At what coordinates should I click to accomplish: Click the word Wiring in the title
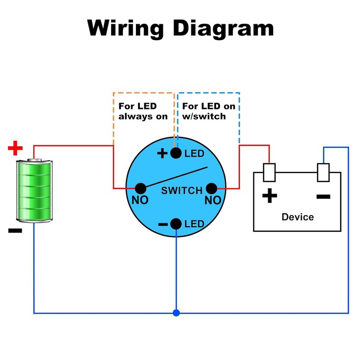[126, 28]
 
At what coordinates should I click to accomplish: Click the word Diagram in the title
[223, 28]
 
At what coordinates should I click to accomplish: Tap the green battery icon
[35, 190]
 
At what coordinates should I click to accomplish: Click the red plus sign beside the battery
[15, 148]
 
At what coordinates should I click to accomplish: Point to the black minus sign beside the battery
[15, 230]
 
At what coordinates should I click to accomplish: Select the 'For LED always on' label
[143, 111]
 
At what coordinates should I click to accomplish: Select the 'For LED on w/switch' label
[209, 111]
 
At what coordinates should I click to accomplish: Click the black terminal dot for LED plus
[176, 153]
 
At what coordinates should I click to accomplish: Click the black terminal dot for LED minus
[176, 224]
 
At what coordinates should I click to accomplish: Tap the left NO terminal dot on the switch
[140, 189]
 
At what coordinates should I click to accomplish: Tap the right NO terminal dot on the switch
[211, 189]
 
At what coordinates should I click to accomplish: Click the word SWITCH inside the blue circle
[182, 190]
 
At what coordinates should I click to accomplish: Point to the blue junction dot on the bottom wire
[176, 313]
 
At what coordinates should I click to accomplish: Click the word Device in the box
[298, 217]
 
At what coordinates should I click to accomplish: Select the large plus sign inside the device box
[270, 196]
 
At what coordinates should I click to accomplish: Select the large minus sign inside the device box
[323, 197]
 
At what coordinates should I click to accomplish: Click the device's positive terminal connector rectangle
[269, 172]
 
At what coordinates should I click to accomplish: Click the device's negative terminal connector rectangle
[323, 172]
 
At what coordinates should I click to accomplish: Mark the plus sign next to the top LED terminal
[162, 153]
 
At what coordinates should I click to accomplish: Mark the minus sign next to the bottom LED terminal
[163, 224]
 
